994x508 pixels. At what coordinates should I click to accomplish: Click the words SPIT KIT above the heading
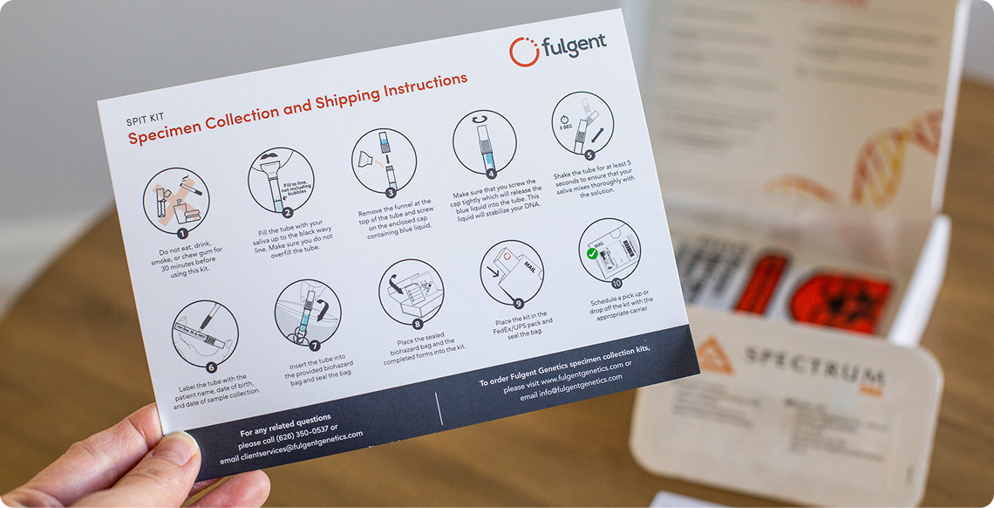point(146,117)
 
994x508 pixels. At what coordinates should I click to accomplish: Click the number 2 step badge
point(287,211)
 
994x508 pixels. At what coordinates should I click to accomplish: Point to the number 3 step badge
point(391,192)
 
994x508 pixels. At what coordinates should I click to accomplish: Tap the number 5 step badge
point(589,155)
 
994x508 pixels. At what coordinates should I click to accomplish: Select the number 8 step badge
point(417,324)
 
